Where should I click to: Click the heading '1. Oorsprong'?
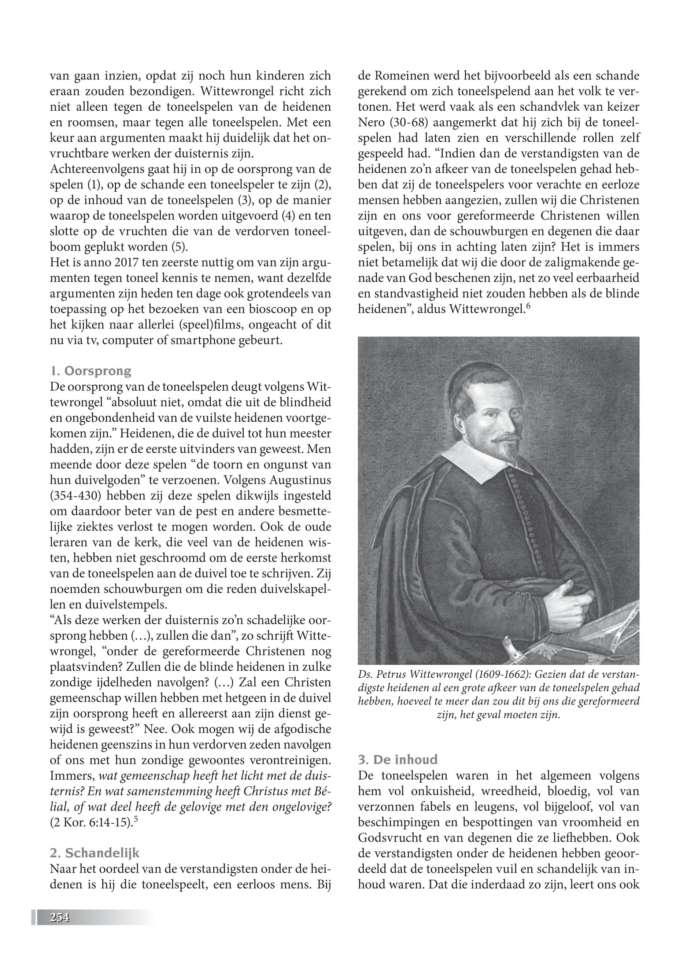tap(90, 371)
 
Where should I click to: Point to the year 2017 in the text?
tap(125, 263)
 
